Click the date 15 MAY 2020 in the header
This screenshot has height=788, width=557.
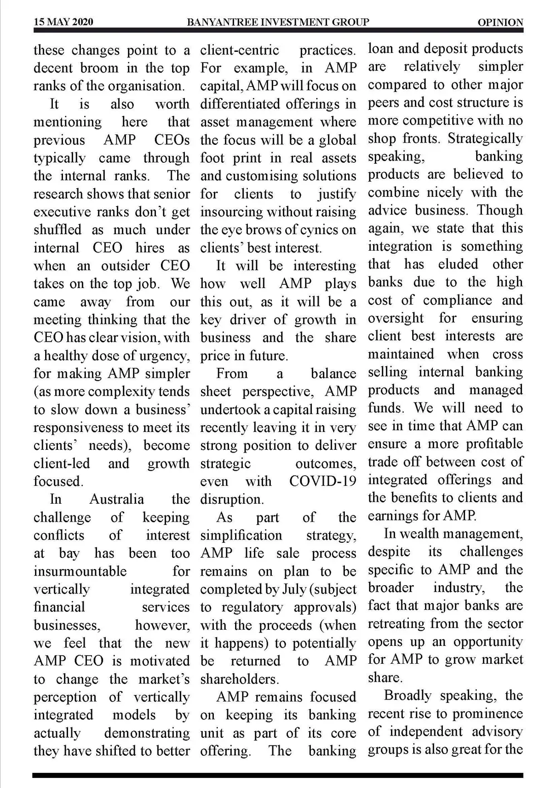[x=63, y=22]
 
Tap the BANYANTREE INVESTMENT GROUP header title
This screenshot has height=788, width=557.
[x=278, y=22]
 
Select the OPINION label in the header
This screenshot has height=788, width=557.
[x=500, y=23]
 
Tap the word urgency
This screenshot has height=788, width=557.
[x=164, y=356]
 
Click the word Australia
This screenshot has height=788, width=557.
[x=116, y=499]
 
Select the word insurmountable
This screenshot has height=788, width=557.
[x=80, y=571]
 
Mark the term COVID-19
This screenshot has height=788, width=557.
[x=323, y=481]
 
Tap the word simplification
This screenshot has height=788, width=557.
[x=241, y=536]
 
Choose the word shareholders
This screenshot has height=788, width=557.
[x=239, y=679]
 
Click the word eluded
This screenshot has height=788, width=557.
[x=458, y=264]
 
